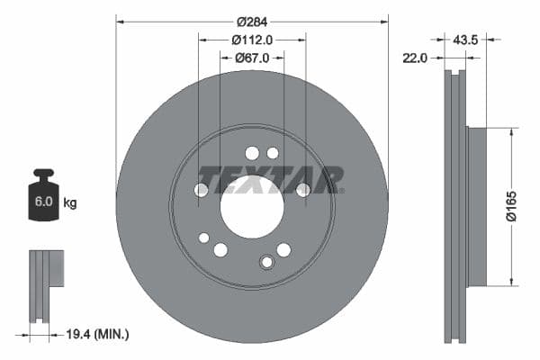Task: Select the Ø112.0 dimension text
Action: coord(252,40)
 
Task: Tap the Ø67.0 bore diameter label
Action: coord(252,58)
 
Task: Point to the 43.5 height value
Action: coord(465,40)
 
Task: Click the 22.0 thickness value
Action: coord(415,58)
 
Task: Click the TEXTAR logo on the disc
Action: coord(270,178)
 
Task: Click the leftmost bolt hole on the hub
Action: coord(202,190)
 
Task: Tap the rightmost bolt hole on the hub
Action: coord(303,189)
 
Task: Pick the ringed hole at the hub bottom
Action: coord(265,262)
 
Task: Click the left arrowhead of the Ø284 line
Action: coord(120,20)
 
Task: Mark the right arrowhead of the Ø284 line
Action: coord(384,20)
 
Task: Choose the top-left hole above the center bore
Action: coord(252,153)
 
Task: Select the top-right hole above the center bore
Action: coord(273,153)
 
